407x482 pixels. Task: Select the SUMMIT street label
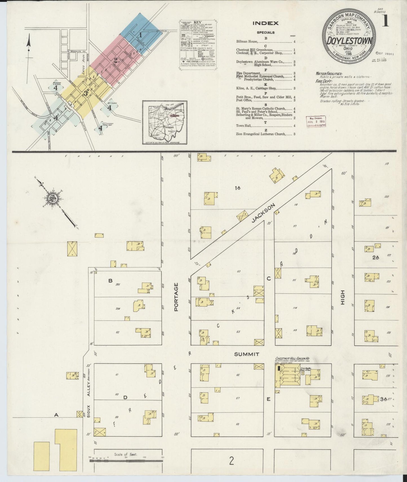tap(246, 354)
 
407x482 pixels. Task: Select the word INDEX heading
tap(265, 23)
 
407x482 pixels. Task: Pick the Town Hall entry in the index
tap(244, 126)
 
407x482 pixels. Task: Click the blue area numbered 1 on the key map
tap(140, 35)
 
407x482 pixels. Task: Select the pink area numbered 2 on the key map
tap(115, 59)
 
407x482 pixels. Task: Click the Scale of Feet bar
tap(126, 461)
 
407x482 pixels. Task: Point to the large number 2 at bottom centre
tap(231, 461)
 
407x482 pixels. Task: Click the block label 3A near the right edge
tap(383, 399)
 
